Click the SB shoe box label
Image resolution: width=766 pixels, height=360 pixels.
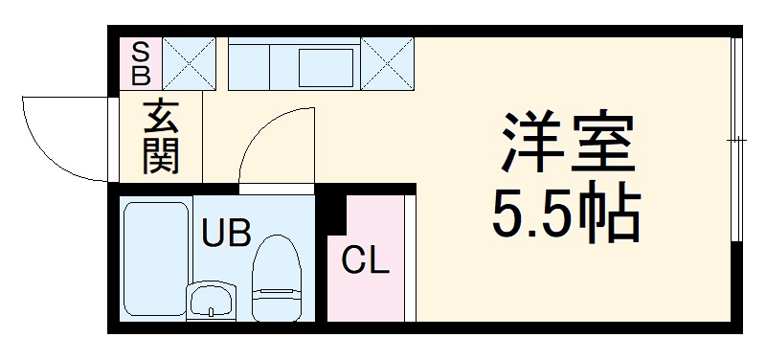point(140,61)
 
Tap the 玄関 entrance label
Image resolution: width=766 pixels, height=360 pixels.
point(162,138)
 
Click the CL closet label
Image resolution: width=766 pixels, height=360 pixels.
point(366,259)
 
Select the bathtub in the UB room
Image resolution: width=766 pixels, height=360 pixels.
point(155,259)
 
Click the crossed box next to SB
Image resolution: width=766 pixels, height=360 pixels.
point(188,61)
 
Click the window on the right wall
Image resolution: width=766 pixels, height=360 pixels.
point(737,141)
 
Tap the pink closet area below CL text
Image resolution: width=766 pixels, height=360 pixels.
point(366,297)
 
